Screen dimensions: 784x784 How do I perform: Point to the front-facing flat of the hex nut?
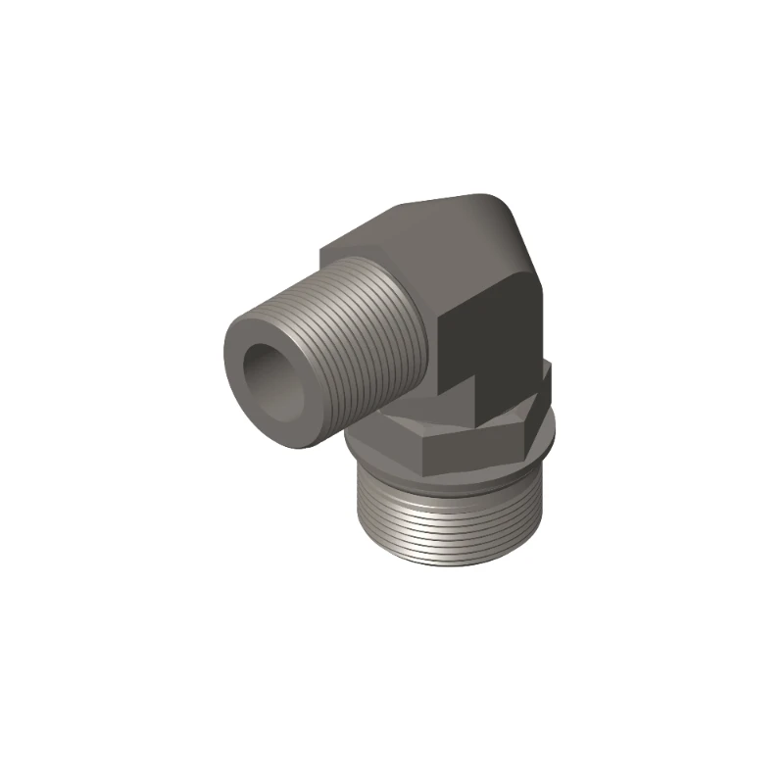470,446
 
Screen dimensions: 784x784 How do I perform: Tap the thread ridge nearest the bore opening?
294,324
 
